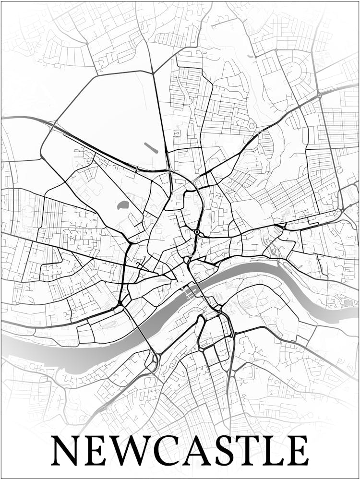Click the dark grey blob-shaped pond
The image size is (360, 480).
pos(122,206)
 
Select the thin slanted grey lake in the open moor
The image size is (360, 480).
pos(151,147)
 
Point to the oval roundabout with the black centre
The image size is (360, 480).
pos(197,232)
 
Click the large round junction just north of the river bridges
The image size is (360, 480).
pos(187,260)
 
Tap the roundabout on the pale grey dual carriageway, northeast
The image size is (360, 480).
pos(319,96)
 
